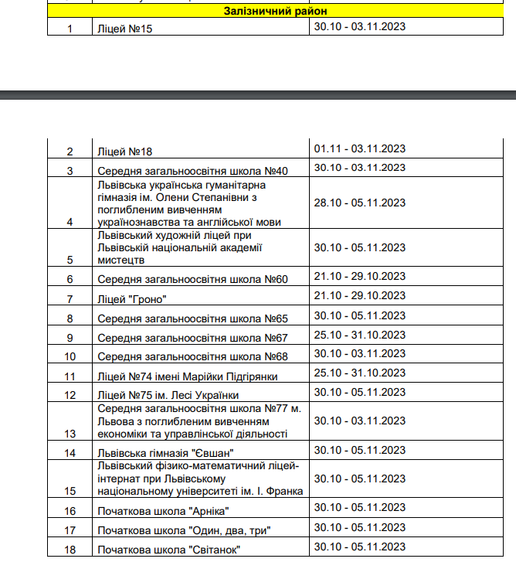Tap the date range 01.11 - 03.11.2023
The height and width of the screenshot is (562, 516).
(359, 148)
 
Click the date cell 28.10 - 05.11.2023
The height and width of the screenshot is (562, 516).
(359, 203)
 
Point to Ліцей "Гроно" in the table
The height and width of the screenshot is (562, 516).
(133, 298)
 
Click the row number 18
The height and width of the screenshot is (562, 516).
(70, 549)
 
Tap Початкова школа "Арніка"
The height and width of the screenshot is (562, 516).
(164, 511)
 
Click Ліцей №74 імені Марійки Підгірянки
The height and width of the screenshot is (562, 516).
(188, 376)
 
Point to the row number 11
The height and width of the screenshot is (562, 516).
(70, 376)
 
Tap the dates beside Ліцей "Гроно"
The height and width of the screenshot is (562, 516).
(359, 295)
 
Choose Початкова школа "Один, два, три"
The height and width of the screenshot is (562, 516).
(184, 530)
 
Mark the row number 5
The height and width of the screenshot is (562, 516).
(70, 260)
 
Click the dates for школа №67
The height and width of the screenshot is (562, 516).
(359, 335)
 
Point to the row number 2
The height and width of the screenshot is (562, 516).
(70, 152)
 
